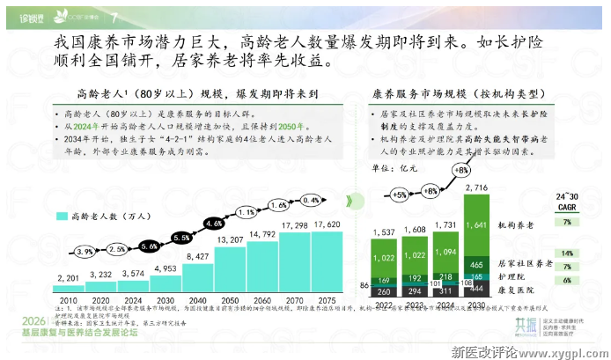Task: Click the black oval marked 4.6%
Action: click(x=214, y=224)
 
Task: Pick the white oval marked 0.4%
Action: click(x=310, y=200)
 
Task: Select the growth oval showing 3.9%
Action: click(x=85, y=251)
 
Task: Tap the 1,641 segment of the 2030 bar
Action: click(x=475, y=224)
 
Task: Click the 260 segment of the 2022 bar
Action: click(x=385, y=290)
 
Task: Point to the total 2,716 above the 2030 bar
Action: click(x=475, y=188)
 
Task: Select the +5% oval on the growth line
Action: click(x=399, y=194)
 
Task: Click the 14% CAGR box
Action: click(x=567, y=253)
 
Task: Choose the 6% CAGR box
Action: click(x=567, y=280)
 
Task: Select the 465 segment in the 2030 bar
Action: click(x=475, y=264)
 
